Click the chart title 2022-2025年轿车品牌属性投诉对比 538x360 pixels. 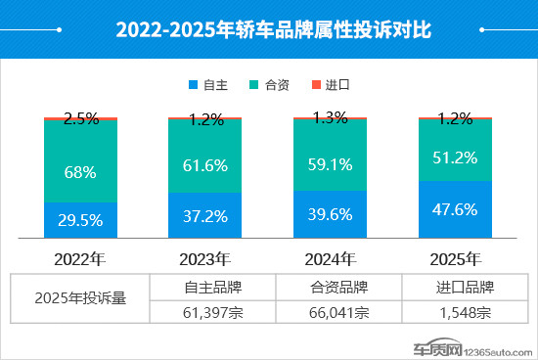[268, 30]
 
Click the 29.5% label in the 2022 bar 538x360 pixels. [80, 221]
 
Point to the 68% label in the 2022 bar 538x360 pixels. [80, 172]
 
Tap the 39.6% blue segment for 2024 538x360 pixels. [330, 214]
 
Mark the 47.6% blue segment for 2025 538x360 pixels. [455, 208]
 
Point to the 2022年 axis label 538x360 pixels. [80, 259]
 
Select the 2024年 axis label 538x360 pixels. [330, 259]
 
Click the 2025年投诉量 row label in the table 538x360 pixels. [81, 299]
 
